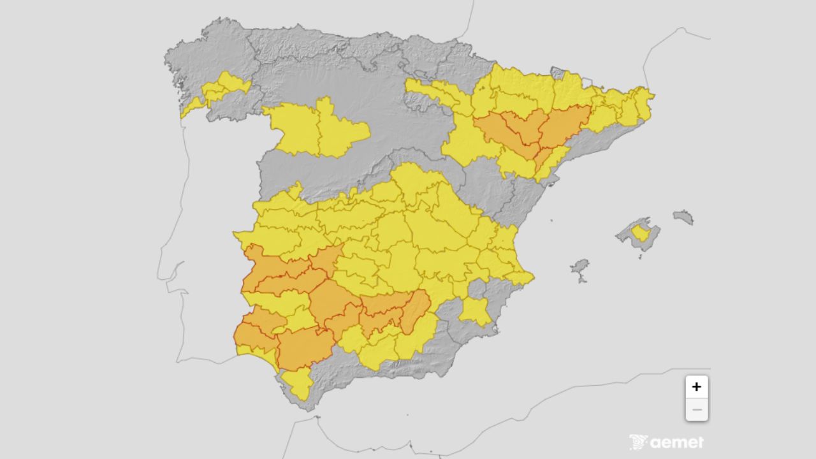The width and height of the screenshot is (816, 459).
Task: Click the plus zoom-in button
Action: click(x=696, y=386)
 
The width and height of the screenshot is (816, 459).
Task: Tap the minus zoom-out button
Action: click(x=696, y=409)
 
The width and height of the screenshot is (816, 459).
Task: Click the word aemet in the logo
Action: click(x=677, y=442)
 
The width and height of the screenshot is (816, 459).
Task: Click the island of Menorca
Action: click(x=683, y=217)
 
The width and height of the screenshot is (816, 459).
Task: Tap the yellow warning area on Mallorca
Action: click(x=640, y=233)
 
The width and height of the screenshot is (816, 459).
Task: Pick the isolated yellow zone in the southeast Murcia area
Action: click(x=475, y=310)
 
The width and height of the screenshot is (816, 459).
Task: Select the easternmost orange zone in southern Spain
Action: click(x=416, y=310)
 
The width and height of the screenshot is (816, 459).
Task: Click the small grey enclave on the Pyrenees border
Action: click(x=558, y=73)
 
